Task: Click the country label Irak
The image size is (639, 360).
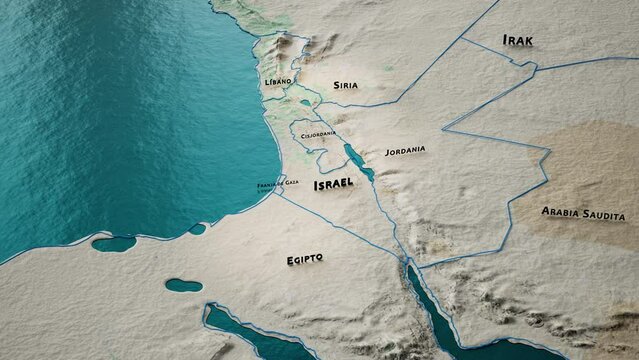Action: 518,41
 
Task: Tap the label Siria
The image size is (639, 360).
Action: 345,86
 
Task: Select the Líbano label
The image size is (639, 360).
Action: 278,80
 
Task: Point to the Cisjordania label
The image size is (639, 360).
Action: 317,135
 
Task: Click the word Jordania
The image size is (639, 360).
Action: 405,151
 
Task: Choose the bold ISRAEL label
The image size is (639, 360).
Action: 333,185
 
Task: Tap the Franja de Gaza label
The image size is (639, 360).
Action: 277,183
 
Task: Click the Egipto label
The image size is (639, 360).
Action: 304,259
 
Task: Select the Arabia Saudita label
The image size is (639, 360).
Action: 583,214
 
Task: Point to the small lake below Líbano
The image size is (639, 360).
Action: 305,103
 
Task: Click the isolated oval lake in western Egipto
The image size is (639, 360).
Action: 183,285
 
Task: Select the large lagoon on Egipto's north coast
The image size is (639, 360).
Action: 113,243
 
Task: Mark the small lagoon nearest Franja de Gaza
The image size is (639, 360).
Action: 197,229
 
